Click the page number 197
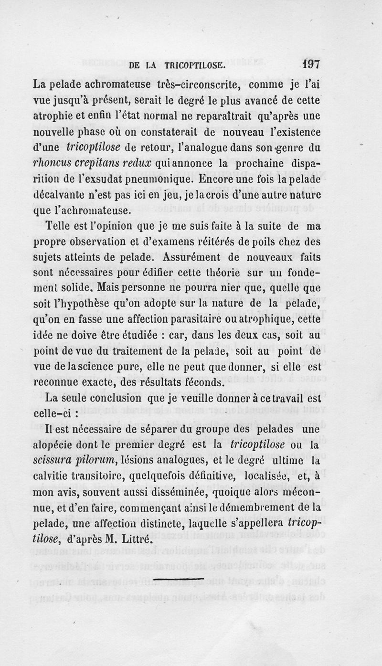pos(310,65)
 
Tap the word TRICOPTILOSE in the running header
pos(193,66)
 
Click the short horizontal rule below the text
pos(180,579)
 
